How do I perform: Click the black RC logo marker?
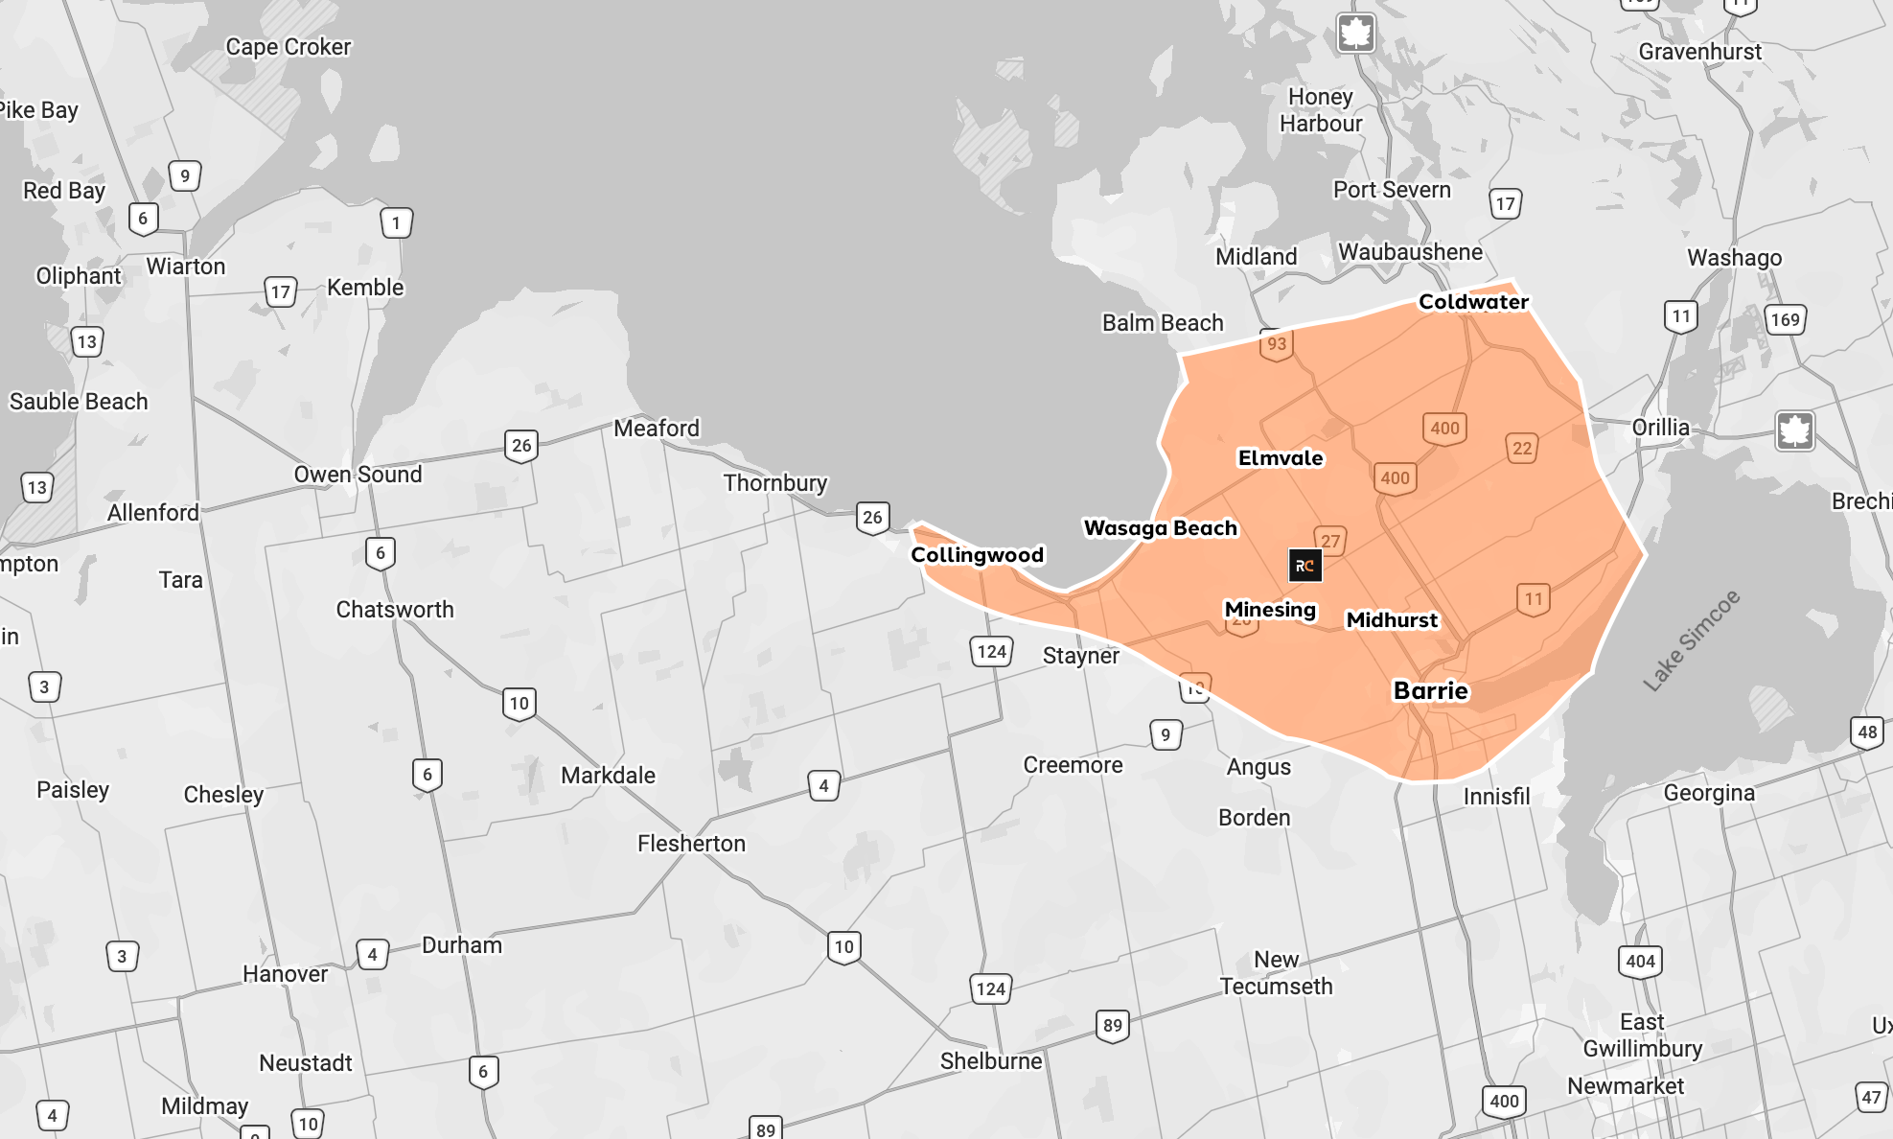1304,566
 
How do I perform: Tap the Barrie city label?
1430,691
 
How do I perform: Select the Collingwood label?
977,555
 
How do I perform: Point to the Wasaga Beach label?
1160,528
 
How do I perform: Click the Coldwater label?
1473,302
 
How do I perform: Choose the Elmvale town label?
1281,458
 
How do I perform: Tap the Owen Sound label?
358,475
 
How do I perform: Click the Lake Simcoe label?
1691,640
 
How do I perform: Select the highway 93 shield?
1277,344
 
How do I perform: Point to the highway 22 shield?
1522,448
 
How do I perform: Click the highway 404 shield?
1640,961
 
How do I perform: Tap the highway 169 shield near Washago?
1785,319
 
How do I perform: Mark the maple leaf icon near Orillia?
1794,430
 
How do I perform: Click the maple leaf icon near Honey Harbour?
1355,34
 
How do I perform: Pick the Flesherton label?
691,844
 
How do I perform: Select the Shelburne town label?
990,1061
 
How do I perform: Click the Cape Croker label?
288,47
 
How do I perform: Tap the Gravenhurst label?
1699,52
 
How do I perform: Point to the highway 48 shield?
1867,732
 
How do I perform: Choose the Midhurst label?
1392,620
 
